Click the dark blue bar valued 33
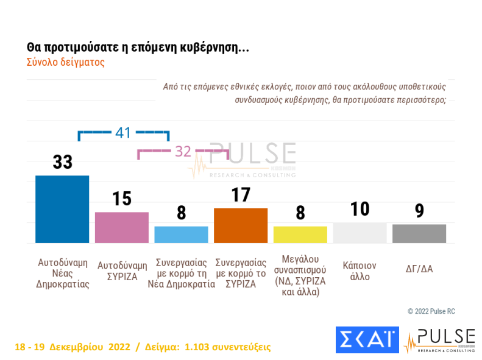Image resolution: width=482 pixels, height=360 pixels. point(62,209)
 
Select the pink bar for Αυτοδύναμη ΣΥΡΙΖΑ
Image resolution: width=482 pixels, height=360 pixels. point(122,227)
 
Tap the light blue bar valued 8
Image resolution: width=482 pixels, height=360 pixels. point(181,235)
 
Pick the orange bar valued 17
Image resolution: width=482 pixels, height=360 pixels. point(241,225)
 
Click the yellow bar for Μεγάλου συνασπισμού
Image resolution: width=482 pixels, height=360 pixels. point(300,235)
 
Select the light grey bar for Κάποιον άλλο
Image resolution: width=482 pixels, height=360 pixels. point(360,233)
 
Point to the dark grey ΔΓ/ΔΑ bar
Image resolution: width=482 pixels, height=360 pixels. point(419,233)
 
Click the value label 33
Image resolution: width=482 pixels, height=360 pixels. point(62,162)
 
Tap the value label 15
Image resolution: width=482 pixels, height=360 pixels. point(122,199)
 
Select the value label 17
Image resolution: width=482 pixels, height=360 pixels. point(241,195)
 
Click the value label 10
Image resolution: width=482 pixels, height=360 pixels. point(360,209)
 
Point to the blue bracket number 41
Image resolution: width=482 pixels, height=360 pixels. point(124,132)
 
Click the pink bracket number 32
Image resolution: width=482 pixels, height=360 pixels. point(183,152)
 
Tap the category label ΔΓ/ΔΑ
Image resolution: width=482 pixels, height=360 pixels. point(419,267)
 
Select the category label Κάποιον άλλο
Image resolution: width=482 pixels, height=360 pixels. point(360,271)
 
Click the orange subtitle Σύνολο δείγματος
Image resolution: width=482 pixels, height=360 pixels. point(66,62)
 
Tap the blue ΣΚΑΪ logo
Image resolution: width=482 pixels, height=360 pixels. point(366,341)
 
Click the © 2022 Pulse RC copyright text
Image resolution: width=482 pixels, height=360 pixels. point(431,311)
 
